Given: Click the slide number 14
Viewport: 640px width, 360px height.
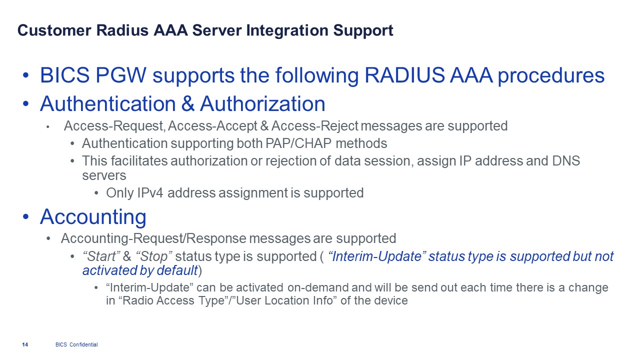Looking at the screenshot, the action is click(x=25, y=344).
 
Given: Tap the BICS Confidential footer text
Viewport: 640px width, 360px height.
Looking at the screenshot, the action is click(x=76, y=344).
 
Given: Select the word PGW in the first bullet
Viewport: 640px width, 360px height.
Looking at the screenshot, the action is click(x=121, y=75).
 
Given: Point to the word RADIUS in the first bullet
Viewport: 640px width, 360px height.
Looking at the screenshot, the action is click(x=404, y=75).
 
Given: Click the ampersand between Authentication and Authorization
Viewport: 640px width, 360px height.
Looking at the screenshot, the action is click(x=187, y=103).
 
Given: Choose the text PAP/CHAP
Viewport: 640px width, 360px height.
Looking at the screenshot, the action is click(x=298, y=143).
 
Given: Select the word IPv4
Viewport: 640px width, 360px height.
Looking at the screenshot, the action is click(x=150, y=193).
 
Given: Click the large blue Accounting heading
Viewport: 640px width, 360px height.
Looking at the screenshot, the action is click(x=93, y=216).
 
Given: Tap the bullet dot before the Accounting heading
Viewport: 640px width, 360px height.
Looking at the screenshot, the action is click(x=26, y=216).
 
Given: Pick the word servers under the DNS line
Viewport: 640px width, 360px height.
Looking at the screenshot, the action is click(x=104, y=175).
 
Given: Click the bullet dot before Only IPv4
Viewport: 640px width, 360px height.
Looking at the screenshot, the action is click(x=96, y=193).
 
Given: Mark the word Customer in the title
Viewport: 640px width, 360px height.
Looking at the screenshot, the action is click(x=54, y=30).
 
